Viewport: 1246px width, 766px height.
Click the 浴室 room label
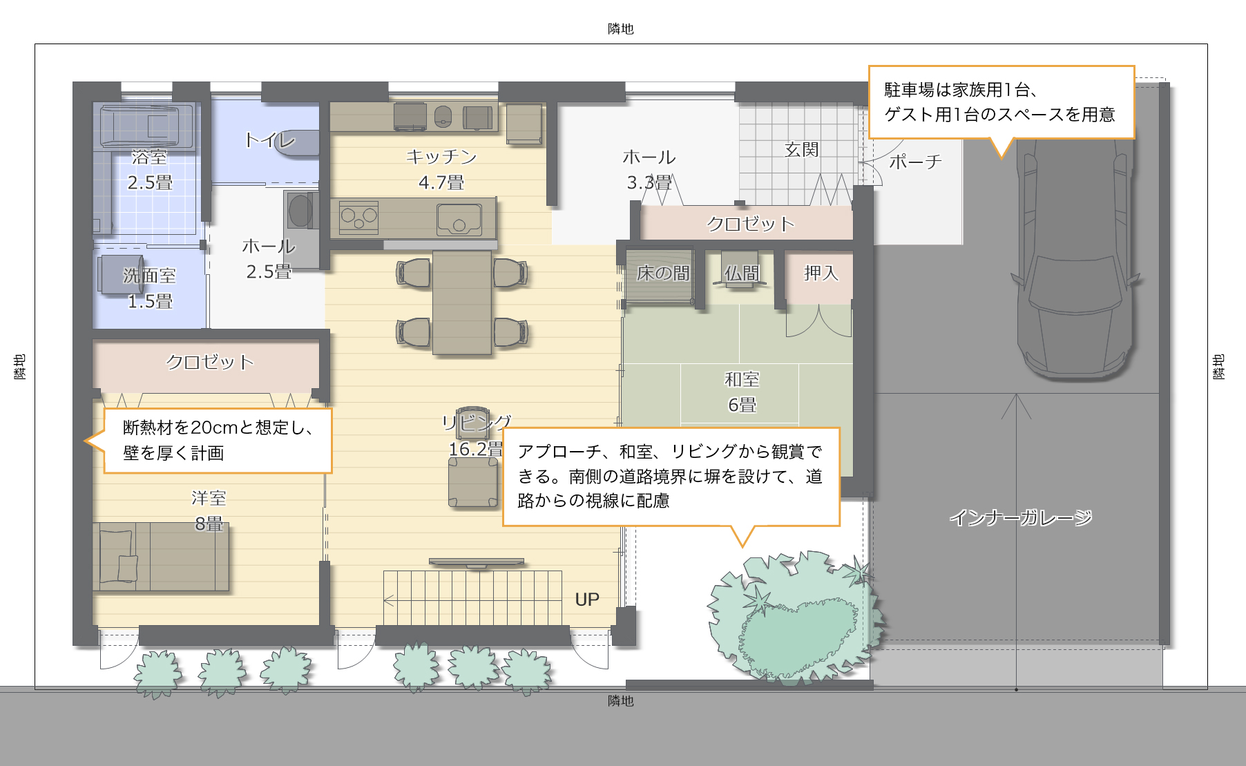click(x=149, y=157)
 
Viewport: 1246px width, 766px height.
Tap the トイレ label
click(x=269, y=140)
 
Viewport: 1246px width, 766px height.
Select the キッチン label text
click(x=441, y=157)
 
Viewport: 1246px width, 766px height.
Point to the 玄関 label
click(x=801, y=149)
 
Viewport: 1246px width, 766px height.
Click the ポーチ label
click(x=915, y=162)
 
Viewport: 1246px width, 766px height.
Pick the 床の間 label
click(x=663, y=274)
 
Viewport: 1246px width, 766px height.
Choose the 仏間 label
click(x=742, y=274)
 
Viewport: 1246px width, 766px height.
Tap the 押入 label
click(x=821, y=273)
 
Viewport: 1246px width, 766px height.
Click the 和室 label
click(x=742, y=379)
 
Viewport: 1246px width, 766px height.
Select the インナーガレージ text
click(x=1020, y=517)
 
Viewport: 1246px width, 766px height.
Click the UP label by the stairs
click(x=587, y=600)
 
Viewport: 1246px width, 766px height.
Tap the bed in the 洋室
click(x=160, y=557)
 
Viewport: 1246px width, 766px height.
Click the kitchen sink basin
click(x=459, y=220)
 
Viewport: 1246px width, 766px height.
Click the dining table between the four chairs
click(x=462, y=303)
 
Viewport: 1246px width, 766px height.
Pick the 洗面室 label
click(x=149, y=276)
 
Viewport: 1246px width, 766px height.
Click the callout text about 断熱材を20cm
click(x=218, y=440)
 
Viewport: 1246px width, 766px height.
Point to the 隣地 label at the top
click(x=621, y=28)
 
